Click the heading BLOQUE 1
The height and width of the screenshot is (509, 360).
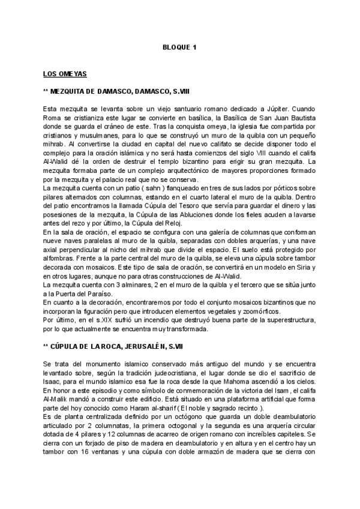point(180,46)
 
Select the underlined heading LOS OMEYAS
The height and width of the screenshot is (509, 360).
point(65,74)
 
